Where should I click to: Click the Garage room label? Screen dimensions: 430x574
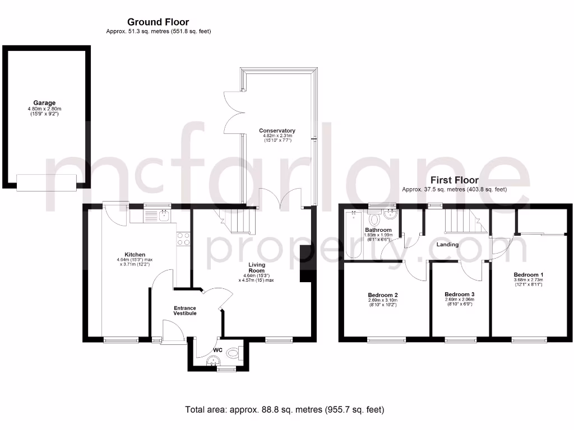[x=44, y=103]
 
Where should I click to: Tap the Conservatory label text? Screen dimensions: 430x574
[x=277, y=130]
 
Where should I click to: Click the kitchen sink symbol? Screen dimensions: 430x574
[x=156, y=216]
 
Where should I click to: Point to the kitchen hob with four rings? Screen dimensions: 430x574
[x=183, y=239]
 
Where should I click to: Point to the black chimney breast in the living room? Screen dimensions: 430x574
[x=306, y=265]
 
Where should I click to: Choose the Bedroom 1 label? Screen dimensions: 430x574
[x=529, y=275]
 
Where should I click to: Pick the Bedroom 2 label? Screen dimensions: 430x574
[x=383, y=295]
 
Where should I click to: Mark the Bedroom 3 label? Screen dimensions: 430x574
[x=459, y=295]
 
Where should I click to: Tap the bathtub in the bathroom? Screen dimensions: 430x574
[x=355, y=235]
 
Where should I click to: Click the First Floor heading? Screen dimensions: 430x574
[x=454, y=180]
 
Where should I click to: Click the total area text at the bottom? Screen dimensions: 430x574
[x=285, y=410]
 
